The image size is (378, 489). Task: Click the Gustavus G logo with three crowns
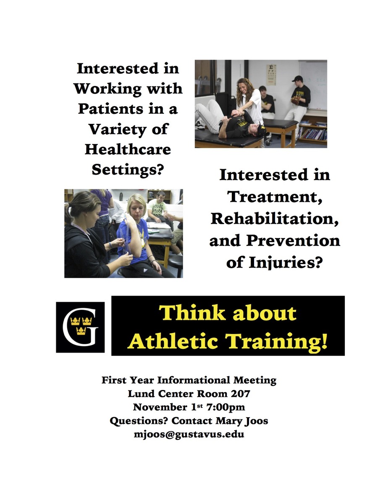coord(80,327)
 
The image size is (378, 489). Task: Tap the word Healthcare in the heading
coord(128,149)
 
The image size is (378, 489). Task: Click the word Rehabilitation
coord(275,219)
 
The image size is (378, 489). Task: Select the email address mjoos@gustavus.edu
coord(189,434)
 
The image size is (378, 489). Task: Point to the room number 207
coord(240,394)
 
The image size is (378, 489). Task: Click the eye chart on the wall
coord(271,75)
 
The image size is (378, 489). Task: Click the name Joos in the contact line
coord(257,421)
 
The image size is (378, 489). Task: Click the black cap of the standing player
coord(298,78)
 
